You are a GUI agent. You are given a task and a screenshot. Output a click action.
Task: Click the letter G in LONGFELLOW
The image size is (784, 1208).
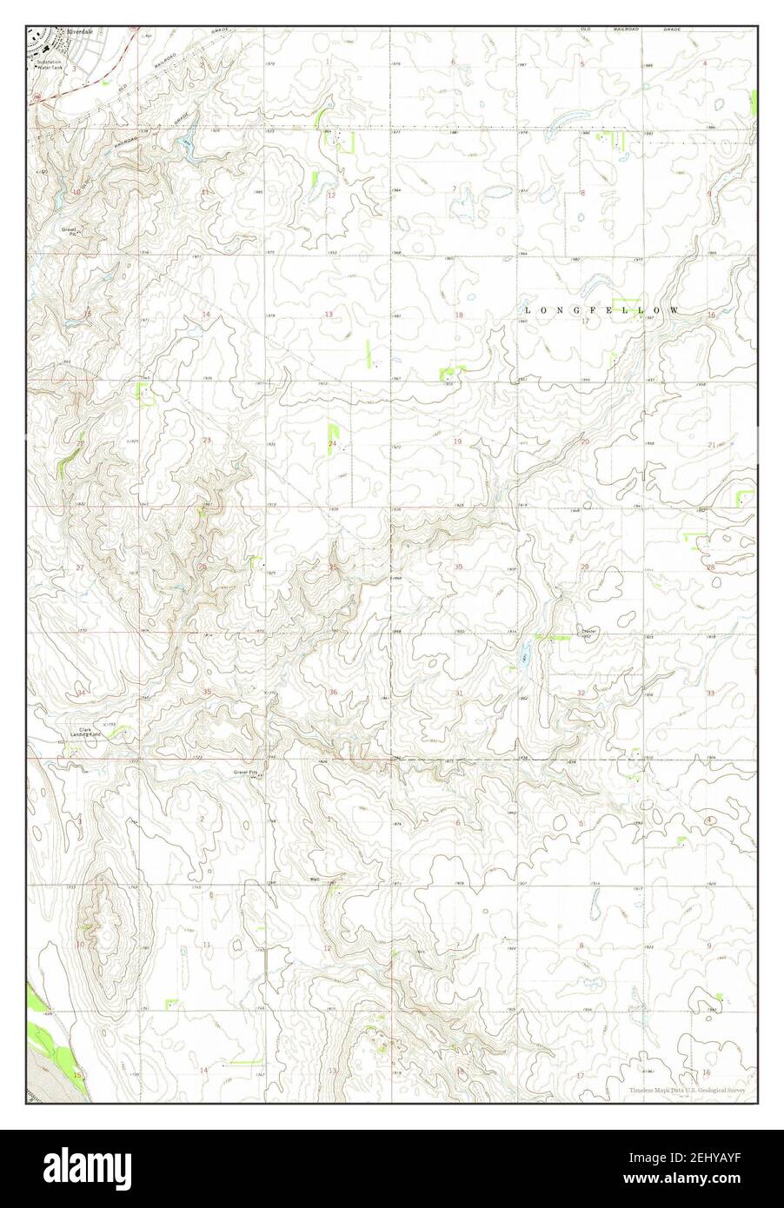pos(566,310)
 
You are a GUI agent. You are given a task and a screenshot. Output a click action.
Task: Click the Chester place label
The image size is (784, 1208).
pos(589,632)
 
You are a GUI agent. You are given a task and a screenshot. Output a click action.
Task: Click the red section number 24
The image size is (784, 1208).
pos(332,444)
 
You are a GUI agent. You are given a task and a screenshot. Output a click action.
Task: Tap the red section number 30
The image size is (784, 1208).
pos(458,567)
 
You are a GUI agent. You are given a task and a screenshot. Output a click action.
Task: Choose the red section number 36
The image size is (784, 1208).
pos(333,692)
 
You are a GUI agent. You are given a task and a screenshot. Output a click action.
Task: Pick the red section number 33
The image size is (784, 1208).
pos(710,693)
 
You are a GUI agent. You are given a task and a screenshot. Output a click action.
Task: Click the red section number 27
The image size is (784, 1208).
pos(80,567)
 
